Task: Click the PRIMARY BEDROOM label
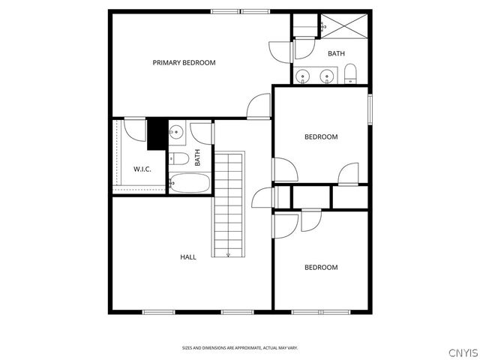point(184,62)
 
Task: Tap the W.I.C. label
point(142,169)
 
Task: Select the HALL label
point(188,257)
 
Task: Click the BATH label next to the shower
point(336,53)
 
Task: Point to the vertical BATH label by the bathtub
point(198,158)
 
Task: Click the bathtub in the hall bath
point(190,182)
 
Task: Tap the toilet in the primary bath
point(350,73)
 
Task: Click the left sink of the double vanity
point(303,76)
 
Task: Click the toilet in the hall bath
point(177,158)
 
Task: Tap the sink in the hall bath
point(175,133)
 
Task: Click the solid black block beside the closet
point(157,134)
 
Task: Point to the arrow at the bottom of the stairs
point(228,254)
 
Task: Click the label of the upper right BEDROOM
point(320,137)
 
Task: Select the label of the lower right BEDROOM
point(320,268)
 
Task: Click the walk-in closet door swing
point(135,130)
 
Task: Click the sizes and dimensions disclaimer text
point(240,348)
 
